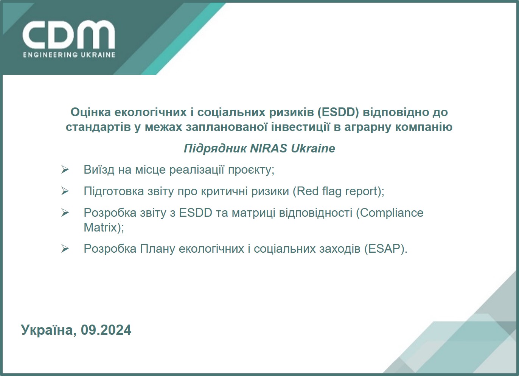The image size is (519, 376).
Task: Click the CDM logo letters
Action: tap(68, 35)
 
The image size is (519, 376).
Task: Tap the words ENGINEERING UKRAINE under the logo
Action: tap(69, 55)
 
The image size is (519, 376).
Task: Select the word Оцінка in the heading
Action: tap(91, 112)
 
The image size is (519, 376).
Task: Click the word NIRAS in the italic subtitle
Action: tap(269, 148)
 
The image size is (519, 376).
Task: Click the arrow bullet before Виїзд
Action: tap(65, 170)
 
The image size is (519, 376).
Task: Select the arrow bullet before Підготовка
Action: tap(65, 191)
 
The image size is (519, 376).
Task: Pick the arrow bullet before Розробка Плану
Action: tap(65, 249)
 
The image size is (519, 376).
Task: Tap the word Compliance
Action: tap(392, 213)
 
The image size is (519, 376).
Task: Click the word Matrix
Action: tap(100, 227)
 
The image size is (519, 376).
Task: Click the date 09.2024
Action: tap(106, 330)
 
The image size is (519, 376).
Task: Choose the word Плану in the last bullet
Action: tap(157, 249)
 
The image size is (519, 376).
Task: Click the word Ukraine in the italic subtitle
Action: tap(313, 148)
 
